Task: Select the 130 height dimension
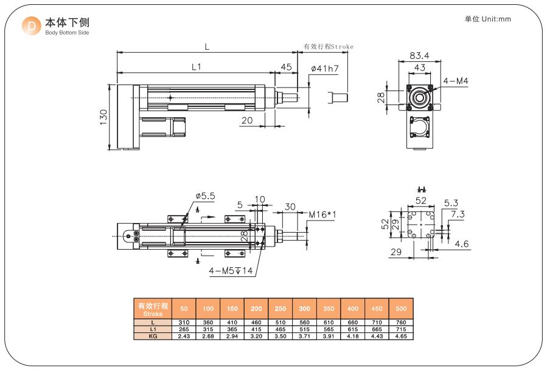pyautogui.click(x=103, y=117)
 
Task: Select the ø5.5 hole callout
pyautogui.click(x=205, y=196)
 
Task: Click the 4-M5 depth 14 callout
pyautogui.click(x=230, y=271)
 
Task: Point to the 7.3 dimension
pyautogui.click(x=458, y=214)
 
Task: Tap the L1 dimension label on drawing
pyautogui.click(x=196, y=67)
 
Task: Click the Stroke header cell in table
pyautogui.click(x=152, y=309)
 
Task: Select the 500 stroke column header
pyautogui.click(x=402, y=309)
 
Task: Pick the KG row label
pyautogui.click(x=153, y=335)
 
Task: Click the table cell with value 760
pyautogui.click(x=402, y=322)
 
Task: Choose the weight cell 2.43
pyautogui.click(x=183, y=335)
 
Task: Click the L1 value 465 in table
pyautogui.click(x=280, y=329)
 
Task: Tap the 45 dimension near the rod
pyautogui.click(x=285, y=67)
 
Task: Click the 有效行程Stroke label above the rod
pyautogui.click(x=328, y=46)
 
